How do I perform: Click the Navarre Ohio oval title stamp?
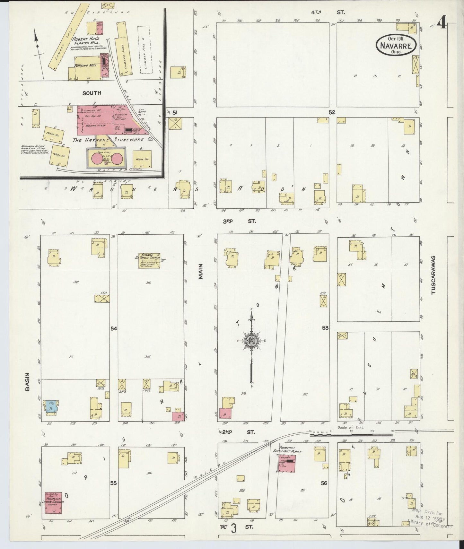click(x=397, y=45)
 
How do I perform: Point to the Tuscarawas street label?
click(x=433, y=275)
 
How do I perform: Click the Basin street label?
click(x=27, y=382)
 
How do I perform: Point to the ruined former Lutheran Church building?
click(x=53, y=501)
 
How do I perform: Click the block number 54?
click(x=113, y=328)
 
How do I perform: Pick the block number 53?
click(x=325, y=328)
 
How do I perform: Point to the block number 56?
click(x=324, y=483)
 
